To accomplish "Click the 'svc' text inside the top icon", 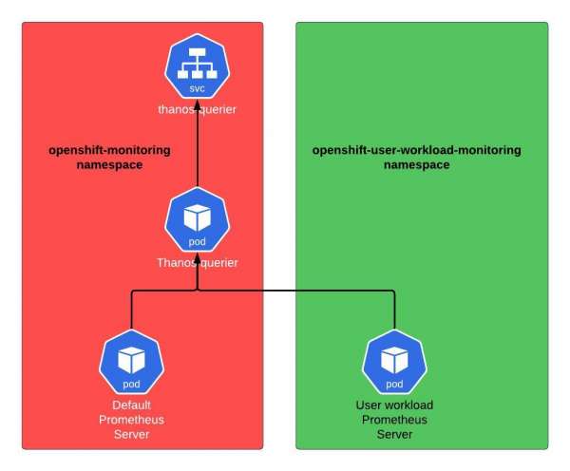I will (x=197, y=88).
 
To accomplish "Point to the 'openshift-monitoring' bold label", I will (x=109, y=151).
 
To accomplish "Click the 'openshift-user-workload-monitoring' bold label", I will (x=417, y=151).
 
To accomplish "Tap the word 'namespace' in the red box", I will (x=109, y=165).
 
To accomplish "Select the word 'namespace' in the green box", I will (x=417, y=165).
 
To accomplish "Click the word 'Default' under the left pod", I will (x=131, y=405).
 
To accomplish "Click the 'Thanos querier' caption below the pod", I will (x=197, y=262).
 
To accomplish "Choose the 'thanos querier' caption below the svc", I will (x=197, y=110).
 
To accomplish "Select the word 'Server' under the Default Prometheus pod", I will (x=131, y=434).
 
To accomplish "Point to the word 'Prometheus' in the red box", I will (x=131, y=420).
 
